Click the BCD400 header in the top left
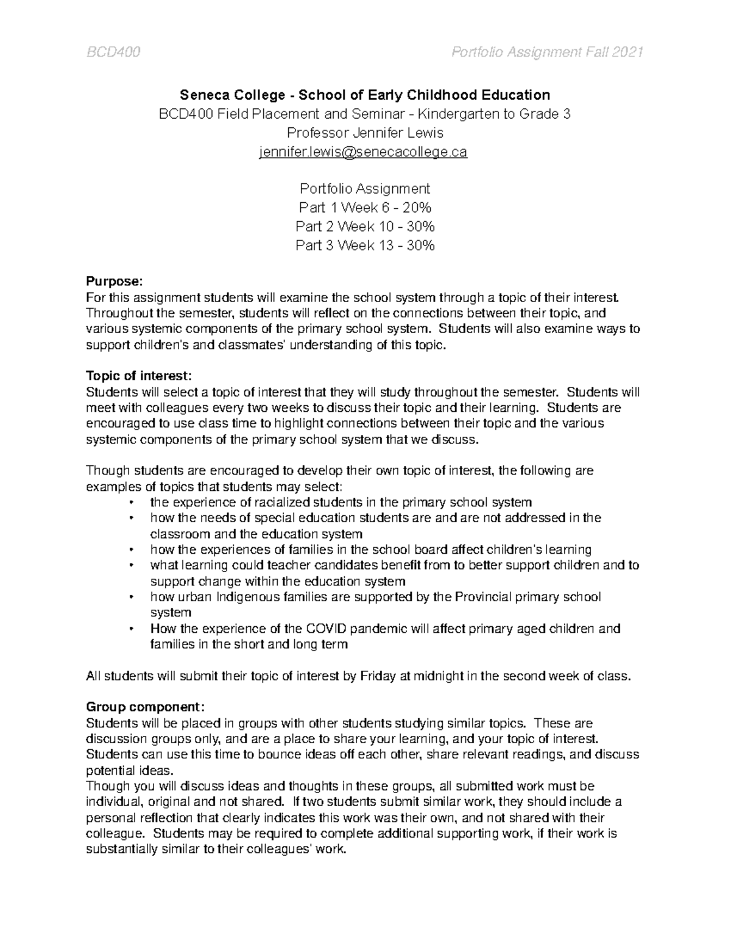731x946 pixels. pyautogui.click(x=113, y=53)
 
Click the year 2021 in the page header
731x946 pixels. pyautogui.click(x=625, y=53)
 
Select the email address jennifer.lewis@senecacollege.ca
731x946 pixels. pyautogui.click(x=363, y=152)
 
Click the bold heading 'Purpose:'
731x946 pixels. pyautogui.click(x=114, y=281)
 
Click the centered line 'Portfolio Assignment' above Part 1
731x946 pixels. pyautogui.click(x=365, y=188)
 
